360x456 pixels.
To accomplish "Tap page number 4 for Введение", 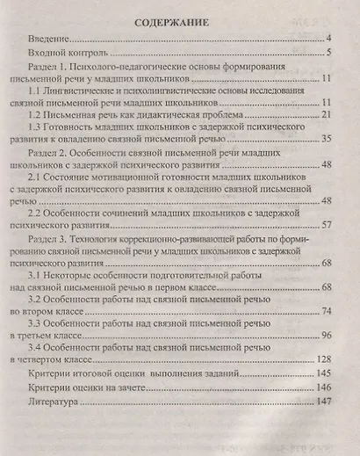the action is pyautogui.click(x=327, y=40).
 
